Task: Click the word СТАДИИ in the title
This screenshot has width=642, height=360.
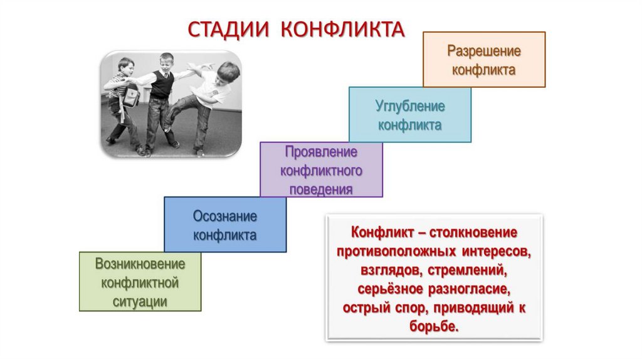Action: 228,29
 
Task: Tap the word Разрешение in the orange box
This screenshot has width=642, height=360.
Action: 483,51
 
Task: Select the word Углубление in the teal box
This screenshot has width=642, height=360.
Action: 409,106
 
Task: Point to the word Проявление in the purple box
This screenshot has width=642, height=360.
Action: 321,152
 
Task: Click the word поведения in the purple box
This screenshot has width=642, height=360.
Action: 321,188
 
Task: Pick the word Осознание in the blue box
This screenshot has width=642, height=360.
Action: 225,216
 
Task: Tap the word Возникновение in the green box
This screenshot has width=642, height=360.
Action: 140,264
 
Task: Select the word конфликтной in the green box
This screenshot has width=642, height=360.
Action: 140,282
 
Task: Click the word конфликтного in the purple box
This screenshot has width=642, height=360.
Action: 321,170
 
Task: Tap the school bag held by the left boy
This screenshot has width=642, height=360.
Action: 130,96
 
